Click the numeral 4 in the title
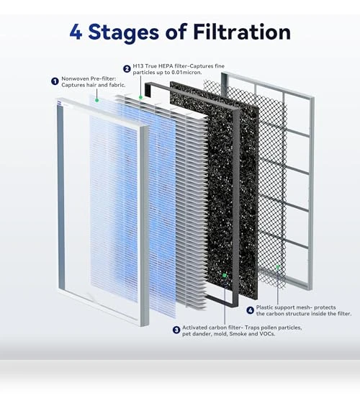[76, 32]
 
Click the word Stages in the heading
[124, 33]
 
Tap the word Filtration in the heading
[242, 32]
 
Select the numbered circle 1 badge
[55, 81]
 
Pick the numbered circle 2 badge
[127, 69]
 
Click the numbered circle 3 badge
[176, 330]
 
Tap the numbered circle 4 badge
[251, 310]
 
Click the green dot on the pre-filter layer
[96, 100]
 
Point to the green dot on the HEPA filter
[141, 97]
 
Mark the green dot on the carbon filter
[225, 275]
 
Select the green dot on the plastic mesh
[278, 267]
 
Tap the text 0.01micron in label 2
[186, 73]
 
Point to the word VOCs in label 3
[267, 334]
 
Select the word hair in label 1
[91, 85]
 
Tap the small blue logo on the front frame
[60, 103]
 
